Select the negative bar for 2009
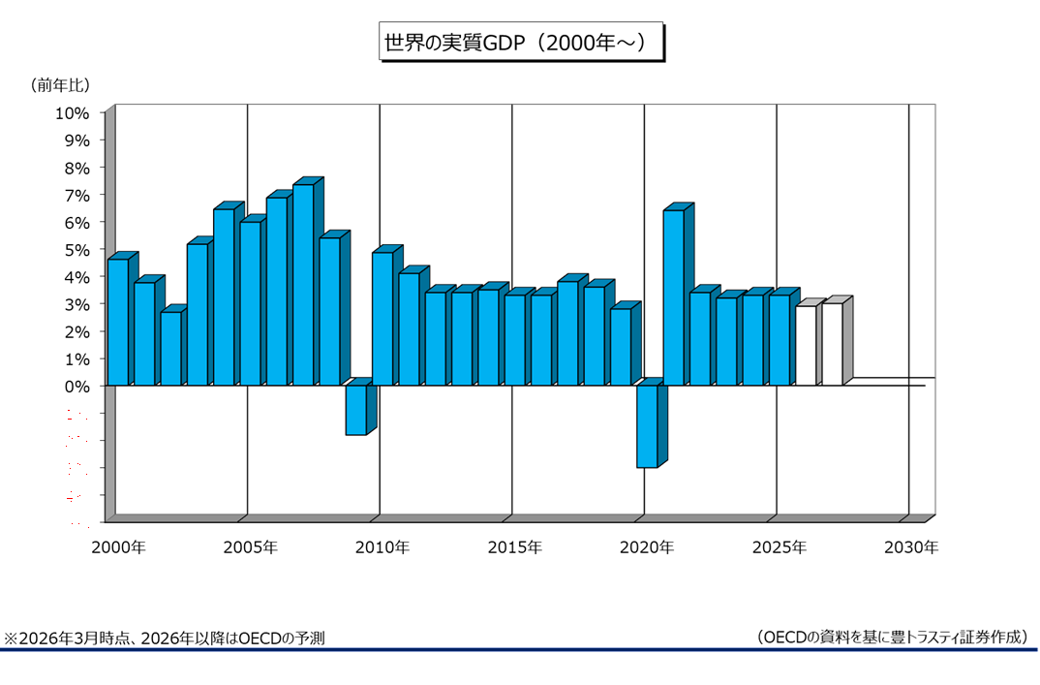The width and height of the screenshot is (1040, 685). tap(355, 410)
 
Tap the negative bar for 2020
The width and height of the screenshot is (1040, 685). tap(646, 426)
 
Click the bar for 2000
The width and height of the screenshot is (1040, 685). tap(117, 322)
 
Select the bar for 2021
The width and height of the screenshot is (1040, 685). tap(673, 297)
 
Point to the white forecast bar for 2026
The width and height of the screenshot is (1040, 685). tap(805, 346)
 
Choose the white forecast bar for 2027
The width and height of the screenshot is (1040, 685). tap(832, 344)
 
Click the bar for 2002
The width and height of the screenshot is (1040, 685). tap(170, 349)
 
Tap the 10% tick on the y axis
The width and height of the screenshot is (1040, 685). tap(73, 112)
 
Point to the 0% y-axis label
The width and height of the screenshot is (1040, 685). tap(76, 386)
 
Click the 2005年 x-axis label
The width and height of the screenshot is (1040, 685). tap(250, 547)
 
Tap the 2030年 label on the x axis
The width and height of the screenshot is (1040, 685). tap(911, 547)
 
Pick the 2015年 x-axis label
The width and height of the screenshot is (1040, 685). tap(514, 547)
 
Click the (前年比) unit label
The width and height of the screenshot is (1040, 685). tap(61, 85)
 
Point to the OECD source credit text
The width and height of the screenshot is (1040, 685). tap(892, 637)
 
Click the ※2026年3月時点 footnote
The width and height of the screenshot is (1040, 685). tap(165, 638)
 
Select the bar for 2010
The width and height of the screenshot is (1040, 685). tap(382, 319)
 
